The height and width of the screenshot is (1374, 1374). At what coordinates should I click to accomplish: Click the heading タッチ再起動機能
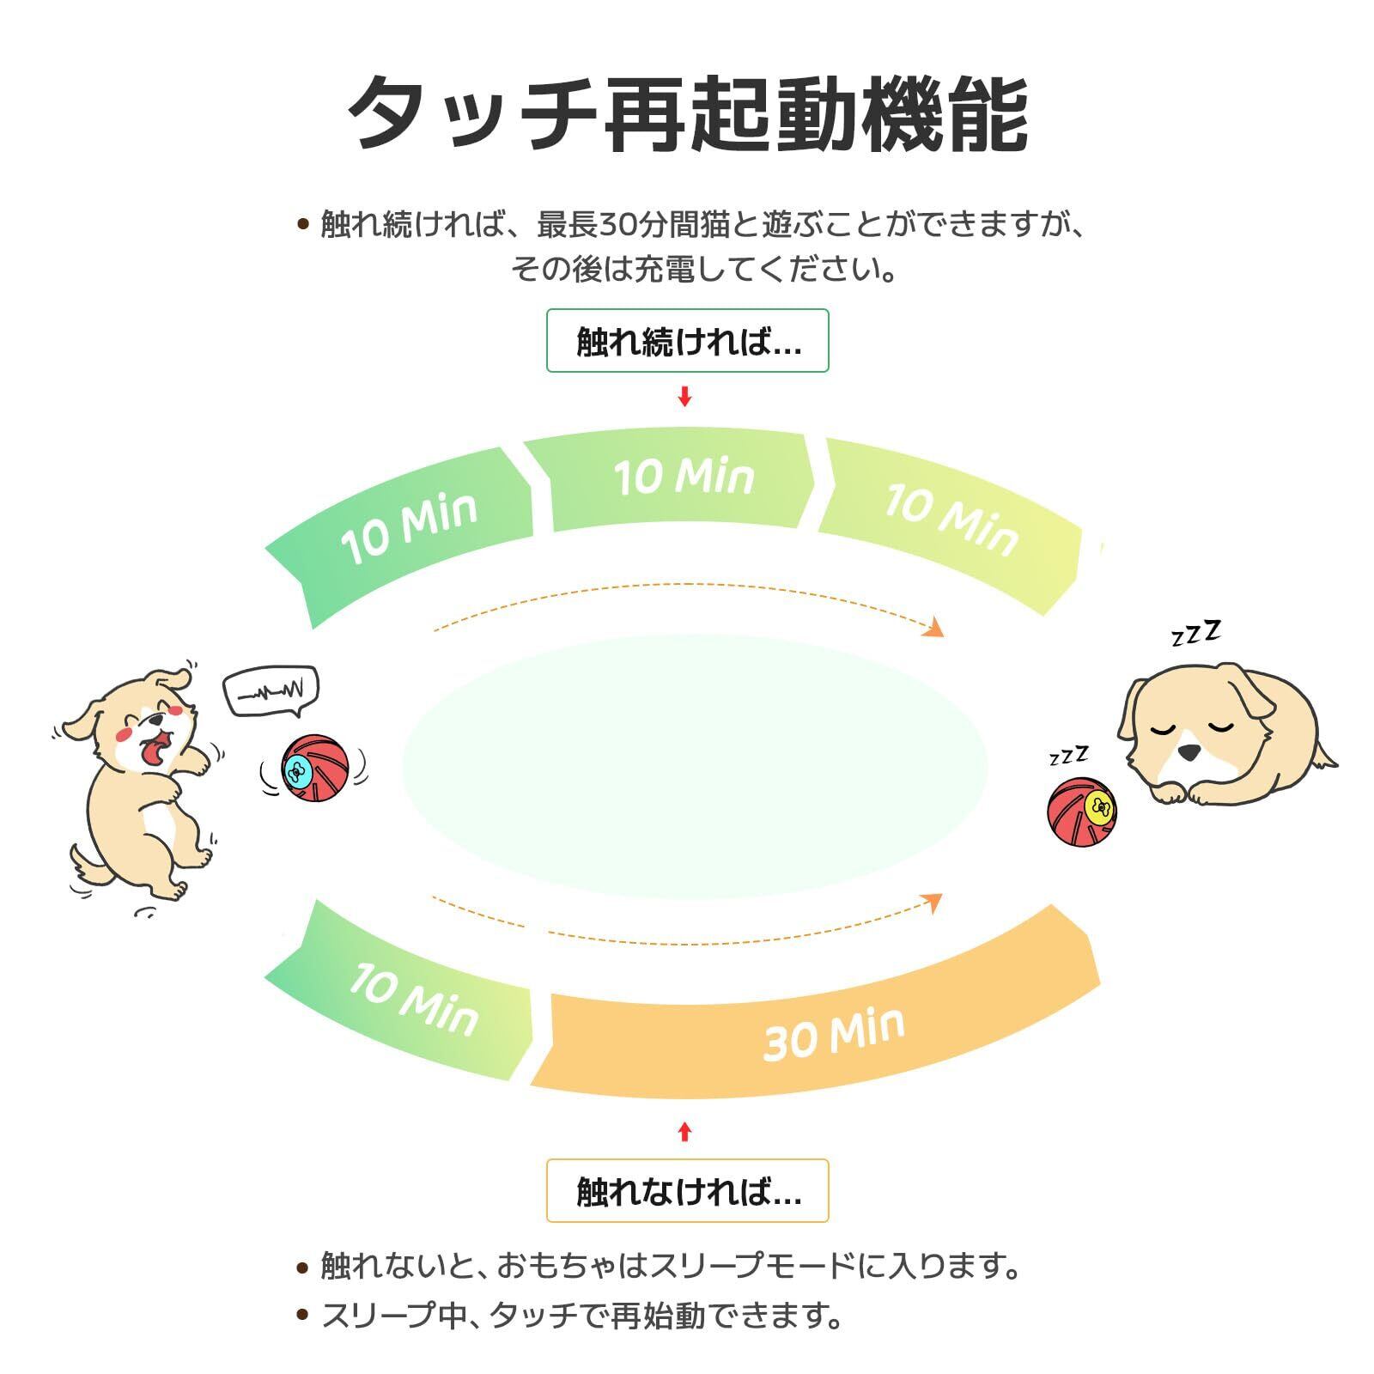coord(687,114)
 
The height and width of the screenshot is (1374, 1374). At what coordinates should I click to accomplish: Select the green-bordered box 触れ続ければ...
coord(687,341)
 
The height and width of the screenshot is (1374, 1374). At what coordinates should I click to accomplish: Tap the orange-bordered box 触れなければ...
coord(687,1190)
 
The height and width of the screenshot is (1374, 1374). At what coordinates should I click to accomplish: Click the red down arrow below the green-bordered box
coord(684,397)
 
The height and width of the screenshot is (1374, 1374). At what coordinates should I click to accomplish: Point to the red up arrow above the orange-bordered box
coord(684,1132)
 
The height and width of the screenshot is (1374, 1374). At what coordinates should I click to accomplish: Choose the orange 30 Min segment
coord(824,1030)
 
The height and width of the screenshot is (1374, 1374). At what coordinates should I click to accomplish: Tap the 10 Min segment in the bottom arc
coord(412,996)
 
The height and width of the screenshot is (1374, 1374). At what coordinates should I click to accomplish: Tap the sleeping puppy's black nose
coord(1189,751)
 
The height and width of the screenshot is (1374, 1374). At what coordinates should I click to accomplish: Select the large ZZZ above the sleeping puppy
coord(1196,634)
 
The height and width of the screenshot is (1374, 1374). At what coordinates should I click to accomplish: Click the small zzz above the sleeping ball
coord(1068,756)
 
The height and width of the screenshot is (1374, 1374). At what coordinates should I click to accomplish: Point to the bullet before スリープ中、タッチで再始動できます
coord(301,1315)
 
